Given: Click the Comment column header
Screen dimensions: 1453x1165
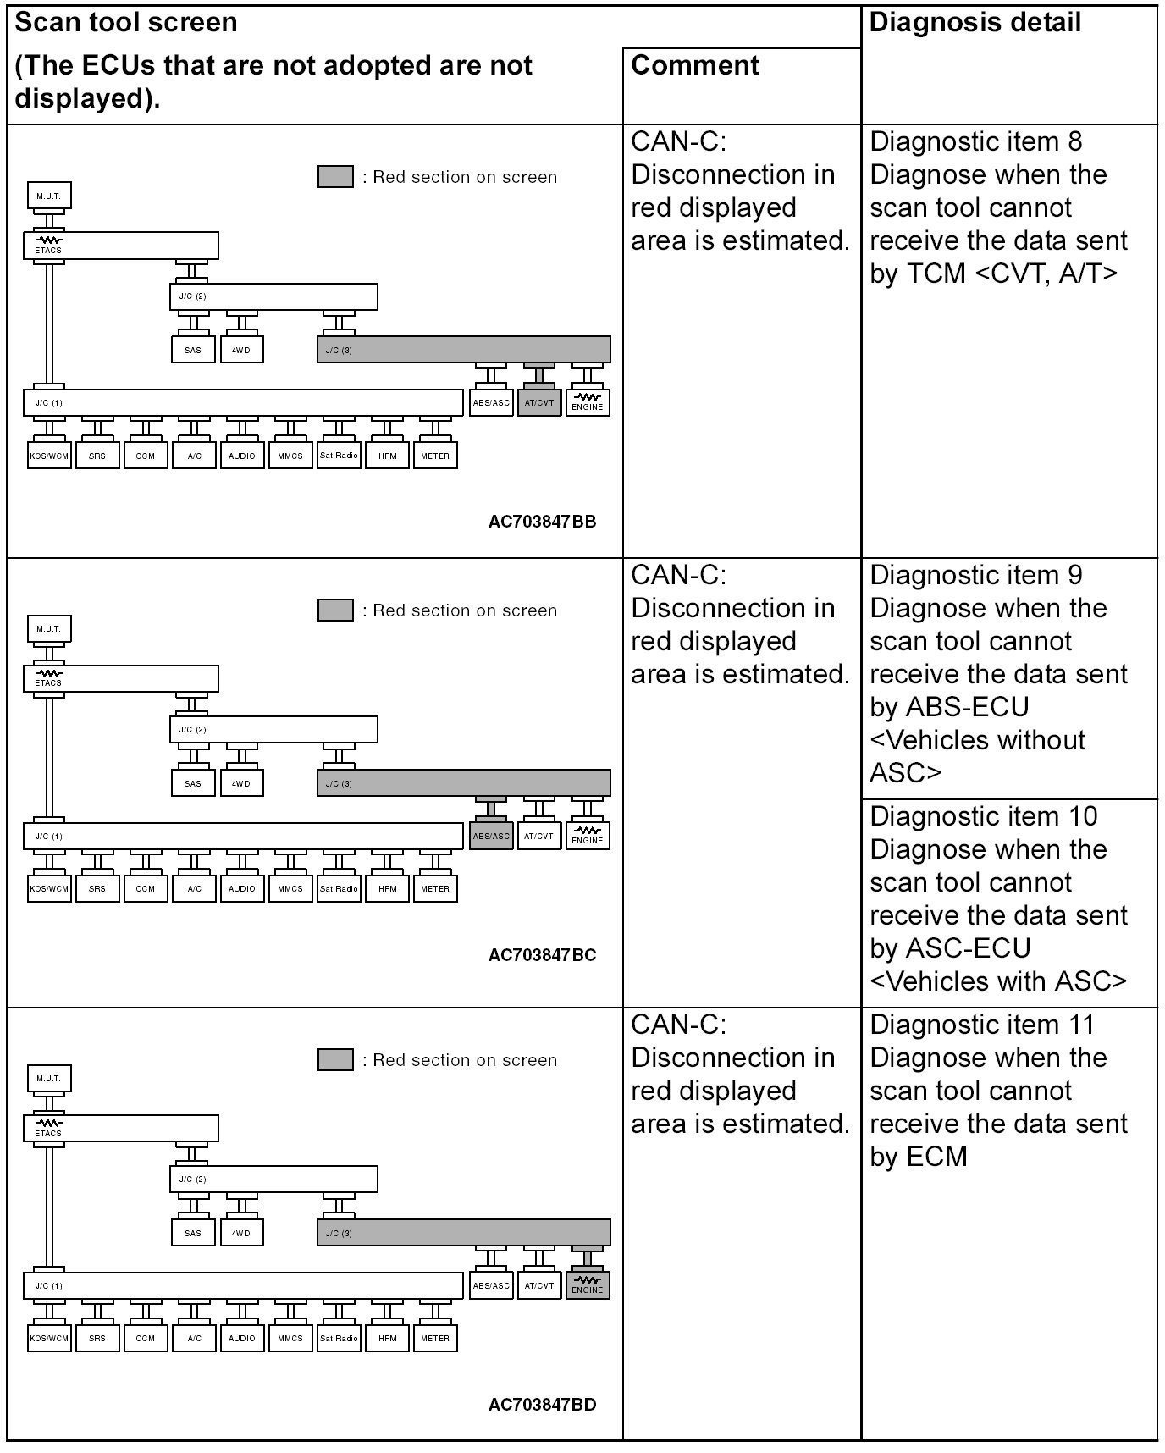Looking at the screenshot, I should click(x=695, y=65).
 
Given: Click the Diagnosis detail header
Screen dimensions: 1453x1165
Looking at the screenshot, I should click(x=975, y=23).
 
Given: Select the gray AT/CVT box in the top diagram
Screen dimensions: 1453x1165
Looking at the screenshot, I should click(x=538, y=403).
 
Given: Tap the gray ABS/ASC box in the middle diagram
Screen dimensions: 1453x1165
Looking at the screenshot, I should click(x=491, y=836).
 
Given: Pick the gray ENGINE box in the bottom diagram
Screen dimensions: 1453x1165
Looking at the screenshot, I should click(x=588, y=1285).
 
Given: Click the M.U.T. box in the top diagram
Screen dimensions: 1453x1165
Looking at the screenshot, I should click(x=49, y=196).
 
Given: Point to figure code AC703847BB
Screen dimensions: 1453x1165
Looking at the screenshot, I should click(x=542, y=522).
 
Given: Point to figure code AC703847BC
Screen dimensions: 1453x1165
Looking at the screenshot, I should click(x=542, y=955).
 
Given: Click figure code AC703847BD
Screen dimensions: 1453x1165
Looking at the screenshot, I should click(x=542, y=1405).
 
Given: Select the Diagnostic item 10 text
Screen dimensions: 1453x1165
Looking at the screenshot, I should click(x=983, y=816).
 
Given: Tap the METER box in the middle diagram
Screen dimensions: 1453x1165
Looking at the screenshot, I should click(x=435, y=888).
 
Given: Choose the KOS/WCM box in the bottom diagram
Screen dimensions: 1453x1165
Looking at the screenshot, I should click(x=49, y=1338).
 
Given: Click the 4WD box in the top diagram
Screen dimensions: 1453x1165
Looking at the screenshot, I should click(x=241, y=350).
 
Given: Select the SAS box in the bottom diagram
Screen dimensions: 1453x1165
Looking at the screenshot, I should click(x=193, y=1233).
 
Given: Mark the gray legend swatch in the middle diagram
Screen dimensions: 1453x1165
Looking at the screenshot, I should click(x=335, y=610).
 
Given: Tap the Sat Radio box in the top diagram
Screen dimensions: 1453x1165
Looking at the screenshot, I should click(x=339, y=456).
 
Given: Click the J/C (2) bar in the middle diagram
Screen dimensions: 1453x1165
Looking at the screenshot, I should click(x=273, y=729).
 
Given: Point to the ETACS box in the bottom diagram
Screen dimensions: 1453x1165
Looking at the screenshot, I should click(x=120, y=1128).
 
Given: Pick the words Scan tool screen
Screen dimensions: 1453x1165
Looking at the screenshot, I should click(x=127, y=23).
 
